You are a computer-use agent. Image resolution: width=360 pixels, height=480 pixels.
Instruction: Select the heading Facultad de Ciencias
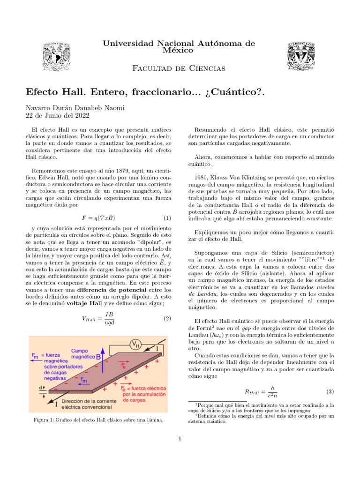(180, 68)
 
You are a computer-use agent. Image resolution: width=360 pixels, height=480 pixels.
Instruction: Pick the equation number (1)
(167, 218)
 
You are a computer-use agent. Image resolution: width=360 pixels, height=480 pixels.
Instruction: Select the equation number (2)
(167, 318)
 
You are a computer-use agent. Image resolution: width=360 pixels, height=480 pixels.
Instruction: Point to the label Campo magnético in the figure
(82, 353)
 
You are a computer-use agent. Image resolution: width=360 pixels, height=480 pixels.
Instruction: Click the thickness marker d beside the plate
(43, 387)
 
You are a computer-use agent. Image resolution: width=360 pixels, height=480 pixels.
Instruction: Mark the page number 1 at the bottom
(180, 439)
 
